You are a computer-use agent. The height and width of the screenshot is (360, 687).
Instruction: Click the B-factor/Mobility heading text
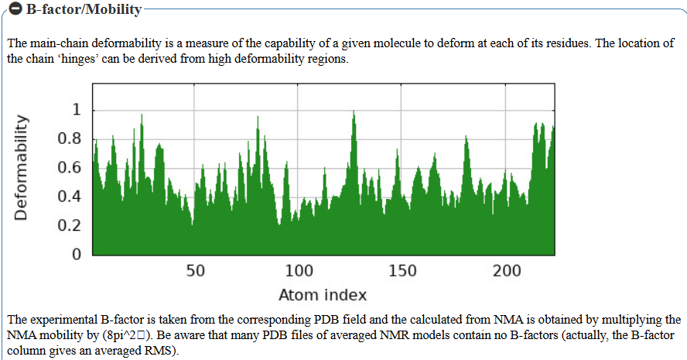point(78,10)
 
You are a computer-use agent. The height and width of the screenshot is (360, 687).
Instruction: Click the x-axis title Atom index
point(322,295)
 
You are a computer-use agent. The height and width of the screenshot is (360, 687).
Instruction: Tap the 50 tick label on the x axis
point(196,271)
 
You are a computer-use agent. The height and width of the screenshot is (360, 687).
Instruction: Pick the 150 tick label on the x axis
point(403,271)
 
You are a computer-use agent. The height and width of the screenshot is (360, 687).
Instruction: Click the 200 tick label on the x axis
point(507,271)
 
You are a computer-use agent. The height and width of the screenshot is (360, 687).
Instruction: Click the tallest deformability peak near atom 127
point(354,113)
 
